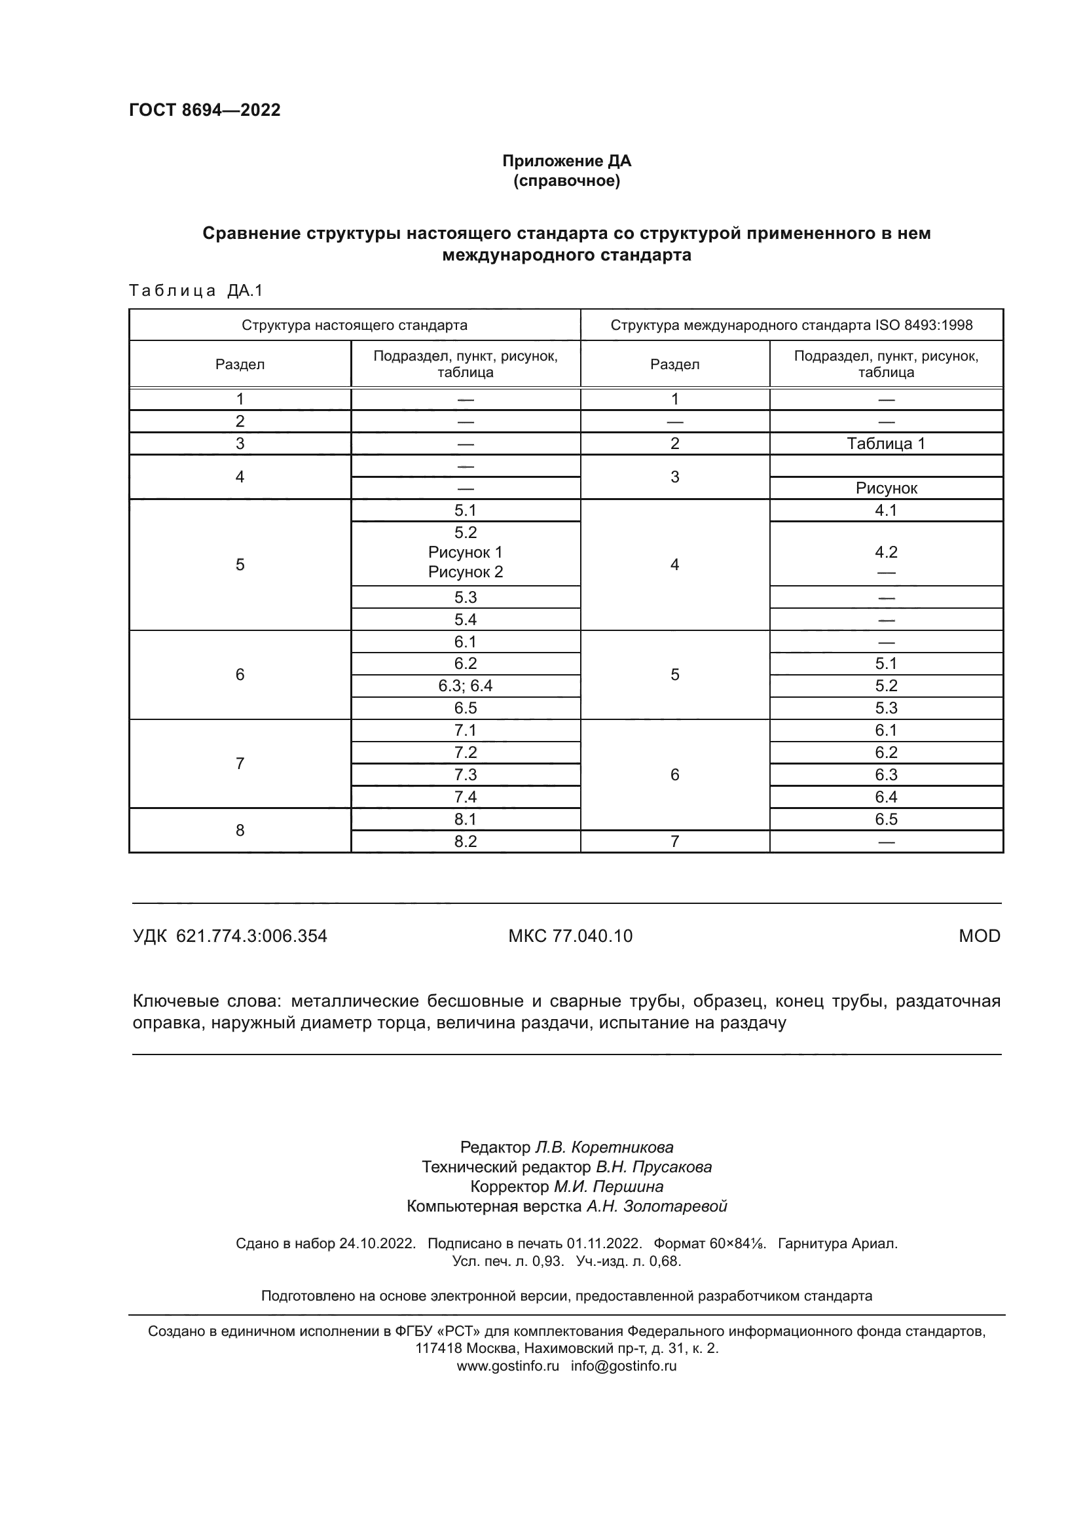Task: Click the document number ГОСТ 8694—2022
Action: tap(205, 110)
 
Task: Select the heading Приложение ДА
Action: tap(566, 161)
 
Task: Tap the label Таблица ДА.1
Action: tap(196, 290)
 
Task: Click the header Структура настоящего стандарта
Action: tap(354, 325)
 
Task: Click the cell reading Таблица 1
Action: tap(886, 443)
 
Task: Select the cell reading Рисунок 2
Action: tap(466, 571)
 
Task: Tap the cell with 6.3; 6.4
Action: tap(466, 685)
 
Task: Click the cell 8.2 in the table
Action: tap(466, 842)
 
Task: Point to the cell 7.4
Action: tap(466, 797)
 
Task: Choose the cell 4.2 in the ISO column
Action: tap(886, 552)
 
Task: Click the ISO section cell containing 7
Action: tap(674, 842)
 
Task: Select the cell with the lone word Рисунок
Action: tap(886, 488)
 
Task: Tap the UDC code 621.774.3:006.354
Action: tap(251, 936)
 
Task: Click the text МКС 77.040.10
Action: tap(570, 936)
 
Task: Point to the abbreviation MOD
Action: tap(979, 936)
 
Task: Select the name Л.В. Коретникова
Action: tap(604, 1147)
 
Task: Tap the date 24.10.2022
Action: tap(377, 1244)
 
